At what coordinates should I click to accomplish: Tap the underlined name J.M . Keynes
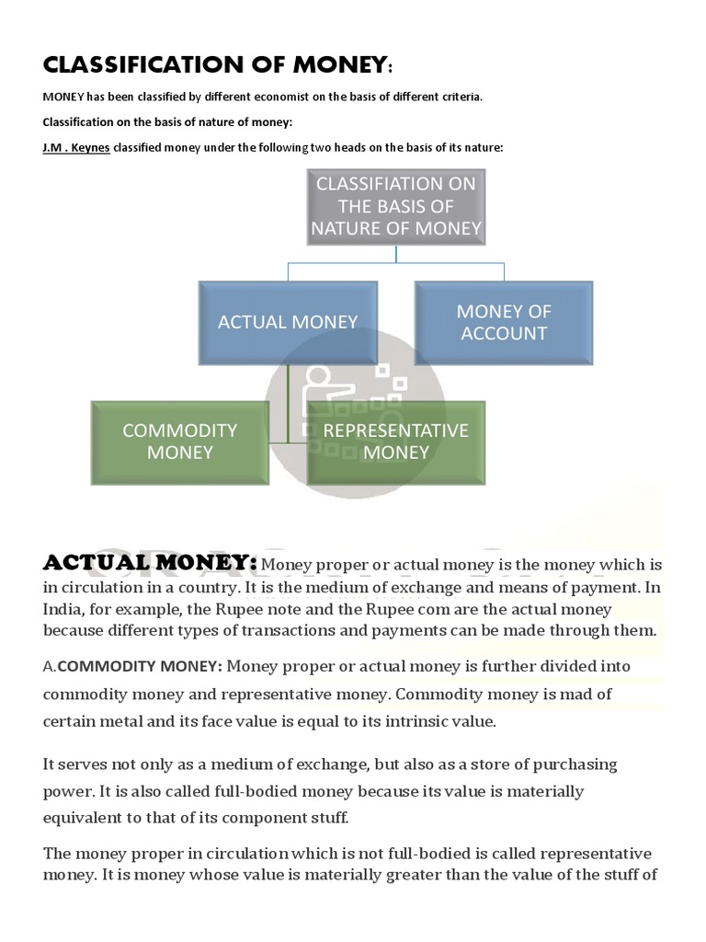76,148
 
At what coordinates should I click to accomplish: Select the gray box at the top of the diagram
395,206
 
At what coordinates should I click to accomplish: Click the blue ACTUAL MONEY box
288,322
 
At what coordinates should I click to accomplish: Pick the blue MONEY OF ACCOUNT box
503,322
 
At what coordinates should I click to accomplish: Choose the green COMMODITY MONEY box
180,442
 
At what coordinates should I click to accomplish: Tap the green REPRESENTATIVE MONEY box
395,442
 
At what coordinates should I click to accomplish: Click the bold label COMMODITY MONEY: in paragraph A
141,666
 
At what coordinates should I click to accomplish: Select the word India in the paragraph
63,609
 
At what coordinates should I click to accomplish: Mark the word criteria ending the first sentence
456,97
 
